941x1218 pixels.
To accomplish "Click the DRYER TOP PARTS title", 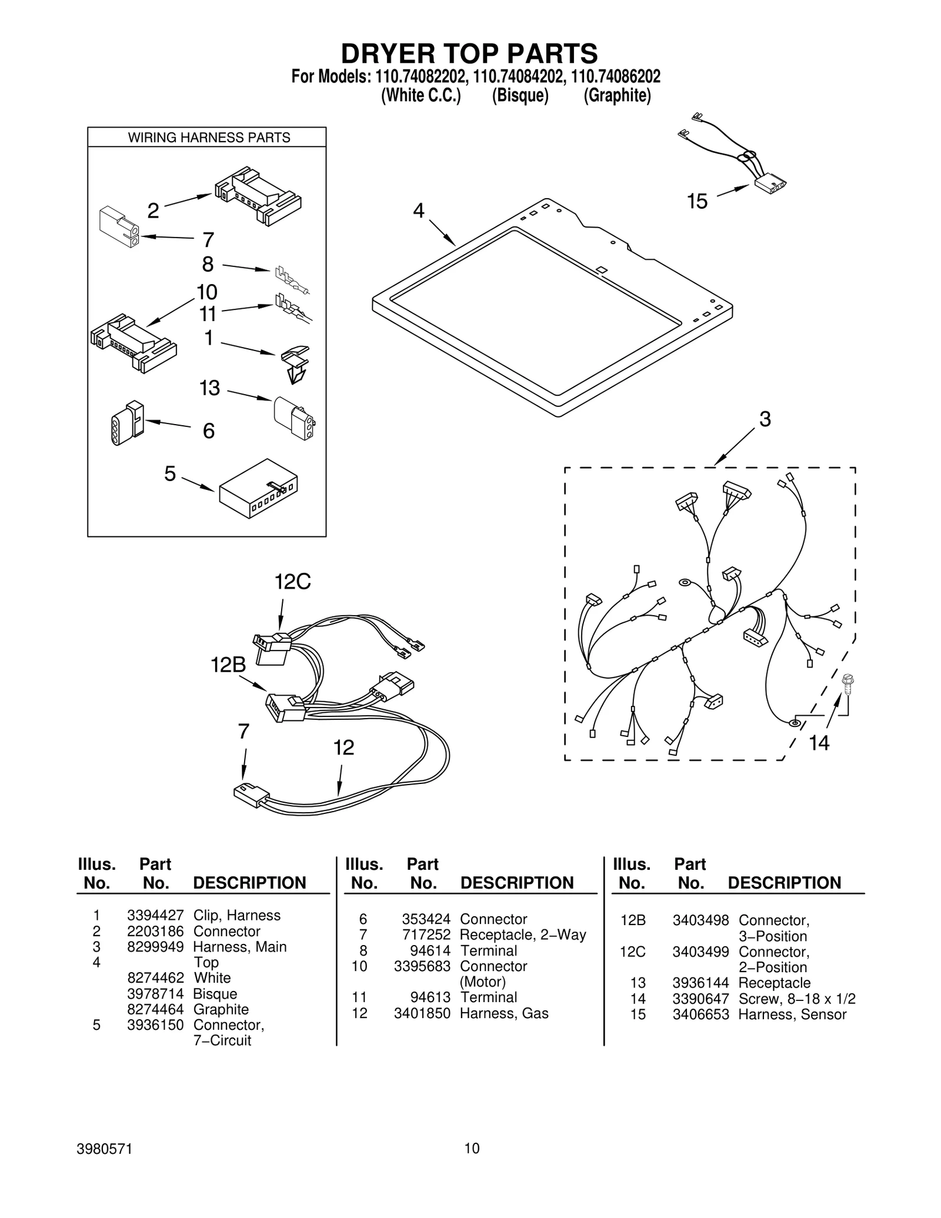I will (x=469, y=54).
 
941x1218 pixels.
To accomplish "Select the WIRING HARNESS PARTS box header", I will (x=209, y=138).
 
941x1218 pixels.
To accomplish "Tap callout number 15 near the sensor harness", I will (x=697, y=202).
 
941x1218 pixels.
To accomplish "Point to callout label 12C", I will (x=292, y=582).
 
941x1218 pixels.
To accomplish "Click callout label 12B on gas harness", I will (x=228, y=665).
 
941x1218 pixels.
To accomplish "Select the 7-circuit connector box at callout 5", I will (x=258, y=488).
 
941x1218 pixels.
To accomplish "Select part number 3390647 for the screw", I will (x=700, y=999).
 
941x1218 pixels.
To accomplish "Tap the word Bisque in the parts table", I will (x=215, y=994).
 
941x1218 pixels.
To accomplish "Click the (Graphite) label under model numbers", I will (x=617, y=96).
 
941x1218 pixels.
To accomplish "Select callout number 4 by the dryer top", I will (x=418, y=211).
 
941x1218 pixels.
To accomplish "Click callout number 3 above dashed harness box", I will (x=765, y=419).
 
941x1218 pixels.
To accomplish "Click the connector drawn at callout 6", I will (x=127, y=423).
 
